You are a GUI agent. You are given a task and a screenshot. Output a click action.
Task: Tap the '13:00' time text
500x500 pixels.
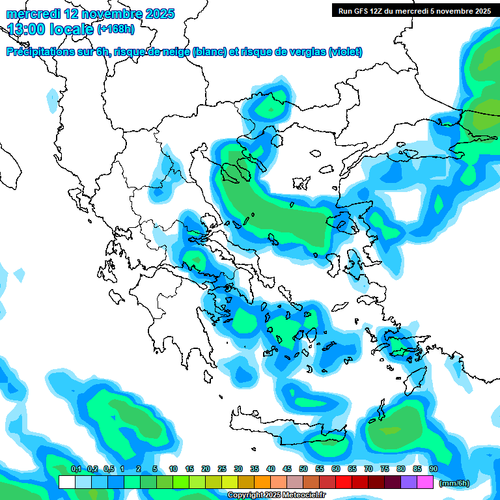(x=27, y=29)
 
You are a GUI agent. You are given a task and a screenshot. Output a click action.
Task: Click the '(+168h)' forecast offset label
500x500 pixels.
(x=116, y=29)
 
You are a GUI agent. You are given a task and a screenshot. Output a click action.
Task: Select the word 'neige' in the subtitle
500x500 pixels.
(x=174, y=52)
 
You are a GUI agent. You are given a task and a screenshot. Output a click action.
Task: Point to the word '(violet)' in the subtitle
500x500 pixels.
(x=345, y=52)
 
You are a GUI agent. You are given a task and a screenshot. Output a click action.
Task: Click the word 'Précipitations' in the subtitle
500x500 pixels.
(x=38, y=52)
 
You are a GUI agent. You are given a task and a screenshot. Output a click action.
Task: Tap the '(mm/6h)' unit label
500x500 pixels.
(x=454, y=483)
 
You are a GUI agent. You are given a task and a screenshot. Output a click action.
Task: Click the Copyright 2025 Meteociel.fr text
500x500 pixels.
(x=285, y=495)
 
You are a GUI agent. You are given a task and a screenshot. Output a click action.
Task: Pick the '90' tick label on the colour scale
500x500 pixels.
(x=434, y=469)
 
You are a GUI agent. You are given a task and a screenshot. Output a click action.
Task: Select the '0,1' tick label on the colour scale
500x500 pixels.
(x=76, y=469)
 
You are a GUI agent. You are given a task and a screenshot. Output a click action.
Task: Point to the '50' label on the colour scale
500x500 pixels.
(x=303, y=469)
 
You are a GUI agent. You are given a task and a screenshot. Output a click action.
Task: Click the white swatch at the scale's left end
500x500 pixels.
(x=67, y=482)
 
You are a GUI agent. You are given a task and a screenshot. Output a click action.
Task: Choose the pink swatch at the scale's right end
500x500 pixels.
(x=425, y=482)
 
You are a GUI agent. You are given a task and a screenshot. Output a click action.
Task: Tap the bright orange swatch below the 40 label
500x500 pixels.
(x=262, y=482)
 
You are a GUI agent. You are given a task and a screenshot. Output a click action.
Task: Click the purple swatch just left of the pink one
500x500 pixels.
(x=409, y=482)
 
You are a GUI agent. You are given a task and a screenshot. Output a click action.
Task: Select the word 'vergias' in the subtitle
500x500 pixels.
(x=303, y=52)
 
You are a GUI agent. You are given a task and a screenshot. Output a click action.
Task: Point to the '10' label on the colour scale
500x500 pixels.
(x=173, y=469)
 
